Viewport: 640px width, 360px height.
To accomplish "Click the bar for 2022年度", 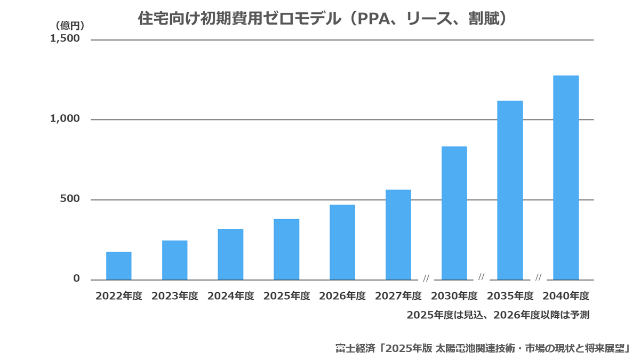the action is coord(119,266).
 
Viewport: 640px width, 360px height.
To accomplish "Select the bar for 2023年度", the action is coord(175,260).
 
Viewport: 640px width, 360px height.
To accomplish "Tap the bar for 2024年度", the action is coord(230,254).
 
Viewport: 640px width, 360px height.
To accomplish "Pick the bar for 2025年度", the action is coord(286,250).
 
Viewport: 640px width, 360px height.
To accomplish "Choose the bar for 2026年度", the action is coord(342,242).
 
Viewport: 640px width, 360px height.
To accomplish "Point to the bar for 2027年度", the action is coord(398,235).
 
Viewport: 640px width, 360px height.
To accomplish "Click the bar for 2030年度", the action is coord(454,213).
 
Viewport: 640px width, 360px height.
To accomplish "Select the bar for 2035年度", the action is coord(510,190).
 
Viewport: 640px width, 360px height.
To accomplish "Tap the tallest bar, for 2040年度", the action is coord(566,178).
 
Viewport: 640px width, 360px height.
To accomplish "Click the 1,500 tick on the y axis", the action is coord(65,38).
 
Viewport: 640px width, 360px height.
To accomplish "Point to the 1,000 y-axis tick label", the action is coord(65,118).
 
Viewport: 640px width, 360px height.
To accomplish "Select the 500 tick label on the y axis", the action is coord(70,198).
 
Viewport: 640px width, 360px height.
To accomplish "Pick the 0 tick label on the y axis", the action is coord(76,278).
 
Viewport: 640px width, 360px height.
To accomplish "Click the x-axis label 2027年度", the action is coord(398,296).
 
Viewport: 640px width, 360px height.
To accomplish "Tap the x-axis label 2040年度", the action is coord(566,296).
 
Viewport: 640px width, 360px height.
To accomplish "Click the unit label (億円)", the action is coord(70,26).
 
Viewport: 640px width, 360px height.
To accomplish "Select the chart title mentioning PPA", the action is coord(322,19).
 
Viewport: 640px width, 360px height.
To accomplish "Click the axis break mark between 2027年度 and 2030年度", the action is coord(426,278).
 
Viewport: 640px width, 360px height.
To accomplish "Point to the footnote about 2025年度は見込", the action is coord(498,315).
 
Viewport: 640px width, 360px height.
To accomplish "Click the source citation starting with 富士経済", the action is coord(483,348).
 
